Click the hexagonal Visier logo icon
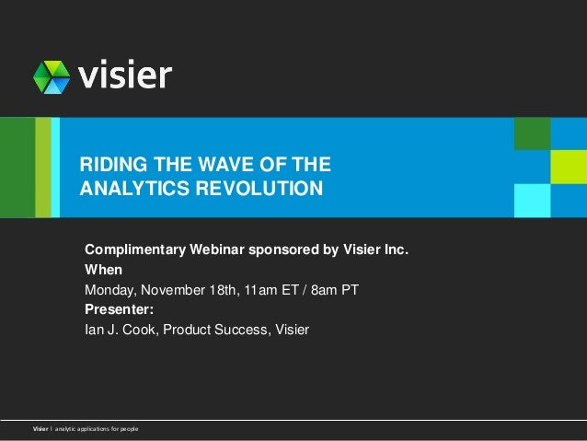pyautogui.click(x=52, y=77)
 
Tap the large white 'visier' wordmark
pyautogui.click(x=124, y=75)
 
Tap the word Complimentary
pyautogui.click(x=135, y=250)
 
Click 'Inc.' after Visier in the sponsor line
pyautogui.click(x=393, y=250)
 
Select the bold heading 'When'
pyautogui.click(x=103, y=271)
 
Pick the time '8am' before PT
pyautogui.click(x=320, y=291)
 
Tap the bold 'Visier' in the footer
pyautogui.click(x=41, y=430)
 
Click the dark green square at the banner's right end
pyautogui.click(x=532, y=133)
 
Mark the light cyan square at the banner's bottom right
pyautogui.click(x=532, y=200)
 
